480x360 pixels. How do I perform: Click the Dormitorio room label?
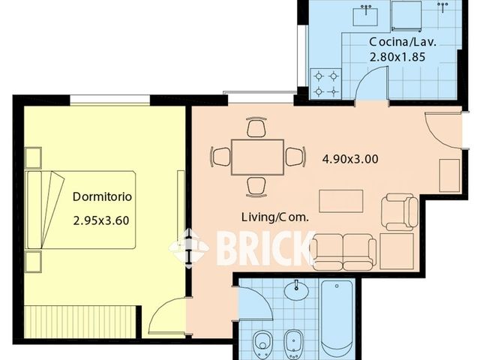pos(102,196)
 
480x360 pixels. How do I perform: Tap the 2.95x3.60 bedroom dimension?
pos(101,220)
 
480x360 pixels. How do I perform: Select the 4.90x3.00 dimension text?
pos(350,159)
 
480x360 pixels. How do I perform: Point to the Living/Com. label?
pos(275,217)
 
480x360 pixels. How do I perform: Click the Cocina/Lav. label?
pos(403,42)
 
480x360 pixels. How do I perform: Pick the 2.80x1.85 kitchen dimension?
pos(397,57)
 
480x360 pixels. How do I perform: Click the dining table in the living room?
pos(257,157)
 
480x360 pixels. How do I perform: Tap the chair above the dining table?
pos(256,127)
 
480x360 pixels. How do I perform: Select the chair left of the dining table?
pos(220,157)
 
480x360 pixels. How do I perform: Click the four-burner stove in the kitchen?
pos(325,83)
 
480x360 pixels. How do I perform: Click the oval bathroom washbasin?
pos(296,290)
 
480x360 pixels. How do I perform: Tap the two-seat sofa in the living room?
pos(343,252)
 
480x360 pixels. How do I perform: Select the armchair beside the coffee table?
pos(400,211)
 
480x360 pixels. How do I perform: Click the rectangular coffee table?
pos(341,201)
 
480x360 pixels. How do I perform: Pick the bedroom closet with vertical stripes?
pos(79,322)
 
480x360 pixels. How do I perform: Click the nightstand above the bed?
pos(33,157)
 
